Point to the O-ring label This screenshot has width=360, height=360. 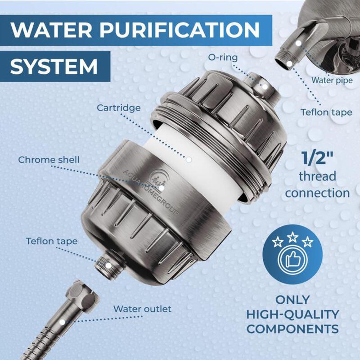(x=223, y=58)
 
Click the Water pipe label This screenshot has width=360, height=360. (x=332, y=80)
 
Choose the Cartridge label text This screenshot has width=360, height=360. (x=118, y=108)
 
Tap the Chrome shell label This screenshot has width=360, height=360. (x=49, y=160)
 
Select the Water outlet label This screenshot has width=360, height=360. (x=142, y=309)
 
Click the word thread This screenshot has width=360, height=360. (x=317, y=176)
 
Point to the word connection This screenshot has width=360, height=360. (x=317, y=193)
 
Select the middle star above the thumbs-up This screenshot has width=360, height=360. (x=292, y=236)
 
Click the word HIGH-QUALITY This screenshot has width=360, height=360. (x=292, y=314)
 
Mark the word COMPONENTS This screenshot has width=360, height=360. (x=292, y=328)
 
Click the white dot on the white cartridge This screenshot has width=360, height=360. (x=189, y=159)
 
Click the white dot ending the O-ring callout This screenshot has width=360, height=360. (x=265, y=86)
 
